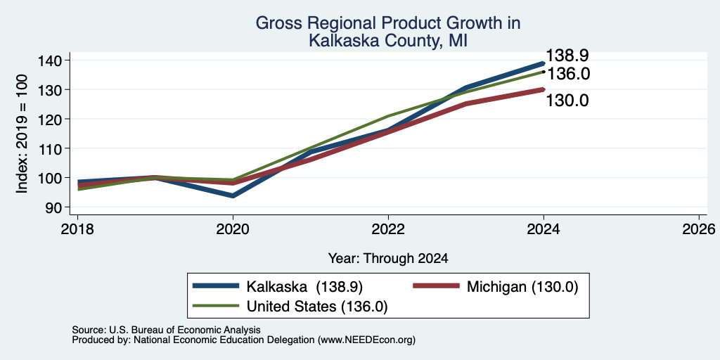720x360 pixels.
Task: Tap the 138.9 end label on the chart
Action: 567,56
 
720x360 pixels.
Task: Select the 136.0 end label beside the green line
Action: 568,74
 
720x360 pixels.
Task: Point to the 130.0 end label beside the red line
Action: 567,101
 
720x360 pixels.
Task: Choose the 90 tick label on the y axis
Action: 60,207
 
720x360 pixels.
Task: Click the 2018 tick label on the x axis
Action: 77,229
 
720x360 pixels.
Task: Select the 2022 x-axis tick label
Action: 388,229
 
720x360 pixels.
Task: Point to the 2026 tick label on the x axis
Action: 699,229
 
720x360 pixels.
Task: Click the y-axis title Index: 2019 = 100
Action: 22,134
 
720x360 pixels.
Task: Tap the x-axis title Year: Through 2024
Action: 388,259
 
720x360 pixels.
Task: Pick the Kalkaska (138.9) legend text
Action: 304,287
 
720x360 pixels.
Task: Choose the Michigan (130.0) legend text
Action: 522,287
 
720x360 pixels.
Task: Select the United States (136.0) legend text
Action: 317,307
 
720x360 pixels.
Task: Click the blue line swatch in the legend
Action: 216,286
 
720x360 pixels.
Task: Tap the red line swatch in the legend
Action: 436,286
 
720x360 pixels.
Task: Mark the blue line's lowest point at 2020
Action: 233,195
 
